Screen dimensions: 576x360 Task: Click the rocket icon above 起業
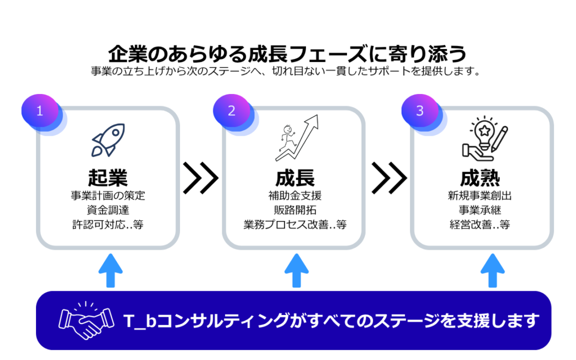coord(109,140)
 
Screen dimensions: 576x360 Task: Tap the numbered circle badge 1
coord(40,111)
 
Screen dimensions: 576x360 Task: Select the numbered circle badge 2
coord(231,111)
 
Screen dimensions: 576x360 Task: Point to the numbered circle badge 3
coord(420,111)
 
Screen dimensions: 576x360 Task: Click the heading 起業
coord(107,178)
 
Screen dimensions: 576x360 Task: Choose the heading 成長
coord(295,178)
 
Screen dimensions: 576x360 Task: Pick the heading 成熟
coord(480,178)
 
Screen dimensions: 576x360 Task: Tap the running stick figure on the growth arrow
coord(288,138)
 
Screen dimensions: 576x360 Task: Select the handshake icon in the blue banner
coord(86,320)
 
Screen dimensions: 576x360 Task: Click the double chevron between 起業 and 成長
coord(201,178)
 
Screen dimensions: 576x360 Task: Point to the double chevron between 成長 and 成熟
coord(389,178)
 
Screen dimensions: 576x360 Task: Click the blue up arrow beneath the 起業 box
coord(111,271)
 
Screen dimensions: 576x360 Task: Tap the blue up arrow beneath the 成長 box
coord(296,271)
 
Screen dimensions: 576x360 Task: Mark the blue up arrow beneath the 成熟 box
coord(493,271)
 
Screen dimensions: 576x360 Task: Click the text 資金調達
coord(108,210)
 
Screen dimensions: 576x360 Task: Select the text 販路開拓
coord(295,210)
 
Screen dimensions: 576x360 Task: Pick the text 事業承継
coord(480,210)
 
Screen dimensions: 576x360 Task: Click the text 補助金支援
coord(295,195)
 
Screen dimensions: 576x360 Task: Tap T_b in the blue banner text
coord(140,321)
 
